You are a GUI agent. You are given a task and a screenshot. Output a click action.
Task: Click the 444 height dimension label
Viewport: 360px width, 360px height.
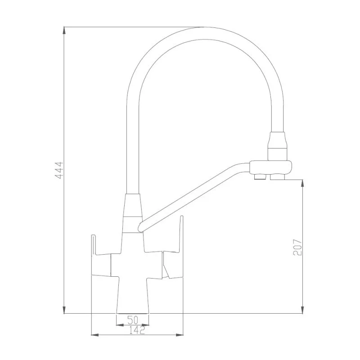pos(59,171)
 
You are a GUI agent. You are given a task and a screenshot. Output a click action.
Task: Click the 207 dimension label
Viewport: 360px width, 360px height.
pos(298,247)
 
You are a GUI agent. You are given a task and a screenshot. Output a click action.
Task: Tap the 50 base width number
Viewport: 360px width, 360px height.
pos(133,319)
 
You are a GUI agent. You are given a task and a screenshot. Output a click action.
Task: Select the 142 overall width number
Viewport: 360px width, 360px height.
pos(137,330)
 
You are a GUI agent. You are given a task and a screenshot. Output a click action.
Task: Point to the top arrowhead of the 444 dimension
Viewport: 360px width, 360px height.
pos(64,31)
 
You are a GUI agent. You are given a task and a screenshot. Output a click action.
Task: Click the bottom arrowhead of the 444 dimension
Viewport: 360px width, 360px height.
pos(64,309)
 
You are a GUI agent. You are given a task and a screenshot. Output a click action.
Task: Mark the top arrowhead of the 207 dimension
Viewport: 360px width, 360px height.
pos(303,184)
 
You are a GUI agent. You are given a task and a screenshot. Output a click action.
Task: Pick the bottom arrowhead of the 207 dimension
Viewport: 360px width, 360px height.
pos(303,309)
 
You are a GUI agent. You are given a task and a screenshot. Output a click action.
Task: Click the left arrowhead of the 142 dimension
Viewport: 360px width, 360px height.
pos(95,335)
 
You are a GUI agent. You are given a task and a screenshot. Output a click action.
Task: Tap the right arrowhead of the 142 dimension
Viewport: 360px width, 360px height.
pos(180,335)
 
